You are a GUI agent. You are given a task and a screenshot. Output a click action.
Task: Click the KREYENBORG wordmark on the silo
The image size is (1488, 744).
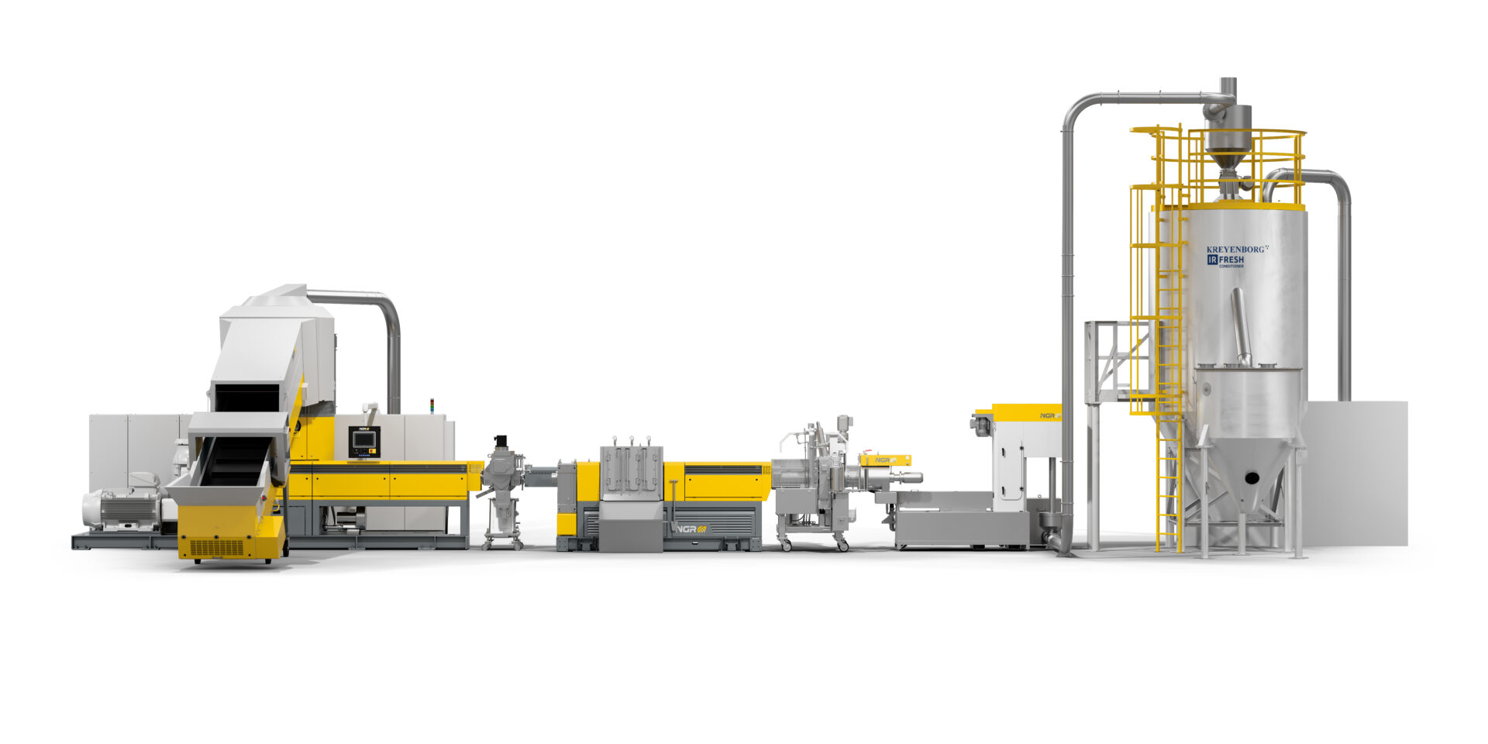pyautogui.click(x=1235, y=250)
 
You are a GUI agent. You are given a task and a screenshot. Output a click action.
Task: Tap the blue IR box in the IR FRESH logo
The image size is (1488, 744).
pyautogui.click(x=1213, y=260)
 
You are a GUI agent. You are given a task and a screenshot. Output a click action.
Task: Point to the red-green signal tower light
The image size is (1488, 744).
pyautogui.click(x=432, y=406)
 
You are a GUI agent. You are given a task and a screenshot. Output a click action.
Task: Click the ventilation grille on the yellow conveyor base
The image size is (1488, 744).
pyautogui.click(x=217, y=548)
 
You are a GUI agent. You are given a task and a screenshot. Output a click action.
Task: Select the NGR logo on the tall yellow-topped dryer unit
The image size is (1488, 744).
pyautogui.click(x=1049, y=416)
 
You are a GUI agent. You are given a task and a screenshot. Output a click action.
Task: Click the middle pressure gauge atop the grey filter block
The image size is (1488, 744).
pyautogui.click(x=631, y=442)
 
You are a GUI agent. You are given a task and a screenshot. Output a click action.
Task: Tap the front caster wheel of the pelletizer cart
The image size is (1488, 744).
pyautogui.click(x=842, y=546)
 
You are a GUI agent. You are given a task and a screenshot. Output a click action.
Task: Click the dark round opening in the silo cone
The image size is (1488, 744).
pyautogui.click(x=1251, y=478)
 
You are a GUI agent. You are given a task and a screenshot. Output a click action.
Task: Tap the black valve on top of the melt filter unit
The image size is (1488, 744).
pyautogui.click(x=501, y=441)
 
